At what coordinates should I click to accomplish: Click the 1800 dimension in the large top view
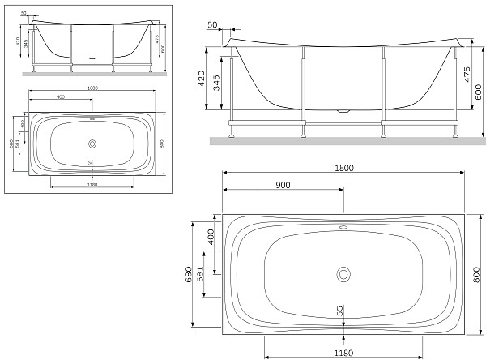click(x=344, y=168)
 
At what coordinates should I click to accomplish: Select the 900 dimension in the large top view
click(x=283, y=185)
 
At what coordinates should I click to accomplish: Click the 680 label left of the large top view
click(x=189, y=275)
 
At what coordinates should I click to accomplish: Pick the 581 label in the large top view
click(x=211, y=275)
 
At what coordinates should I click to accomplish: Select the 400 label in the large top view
click(x=211, y=237)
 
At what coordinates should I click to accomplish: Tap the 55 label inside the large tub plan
click(x=340, y=310)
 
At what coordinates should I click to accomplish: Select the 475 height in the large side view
click(x=467, y=75)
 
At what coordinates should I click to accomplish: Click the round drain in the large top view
click(x=343, y=273)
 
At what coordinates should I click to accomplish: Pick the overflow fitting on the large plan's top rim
click(x=343, y=228)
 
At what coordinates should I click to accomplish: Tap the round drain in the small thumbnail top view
click(x=92, y=144)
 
